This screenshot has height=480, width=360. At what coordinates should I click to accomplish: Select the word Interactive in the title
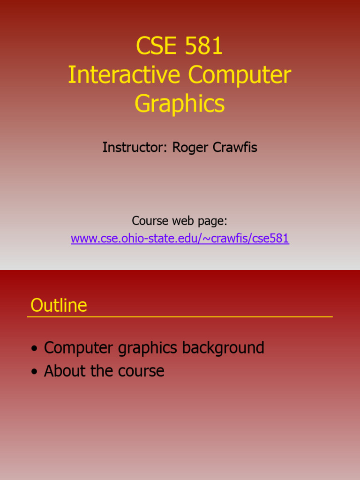pyautogui.click(x=125, y=75)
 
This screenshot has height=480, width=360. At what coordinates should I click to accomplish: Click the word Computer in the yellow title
pyautogui.click(x=240, y=75)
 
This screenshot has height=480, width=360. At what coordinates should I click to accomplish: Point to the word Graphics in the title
pyautogui.click(x=180, y=104)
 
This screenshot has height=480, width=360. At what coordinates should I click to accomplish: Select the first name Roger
pyautogui.click(x=190, y=148)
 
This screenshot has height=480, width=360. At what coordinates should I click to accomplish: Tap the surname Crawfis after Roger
pyautogui.click(x=235, y=148)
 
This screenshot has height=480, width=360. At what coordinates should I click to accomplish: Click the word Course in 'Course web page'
pyautogui.click(x=149, y=220)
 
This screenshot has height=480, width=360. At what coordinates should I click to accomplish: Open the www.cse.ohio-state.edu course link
pyautogui.click(x=180, y=239)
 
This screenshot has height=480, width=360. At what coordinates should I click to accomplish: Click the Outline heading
pyautogui.click(x=59, y=306)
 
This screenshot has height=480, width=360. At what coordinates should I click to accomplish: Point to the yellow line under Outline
pyautogui.click(x=180, y=317)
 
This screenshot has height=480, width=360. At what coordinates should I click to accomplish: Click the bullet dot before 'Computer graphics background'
pyautogui.click(x=34, y=349)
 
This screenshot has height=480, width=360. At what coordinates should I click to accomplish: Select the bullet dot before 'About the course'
pyautogui.click(x=34, y=372)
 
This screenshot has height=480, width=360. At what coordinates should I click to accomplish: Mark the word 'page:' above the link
pyautogui.click(x=213, y=221)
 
